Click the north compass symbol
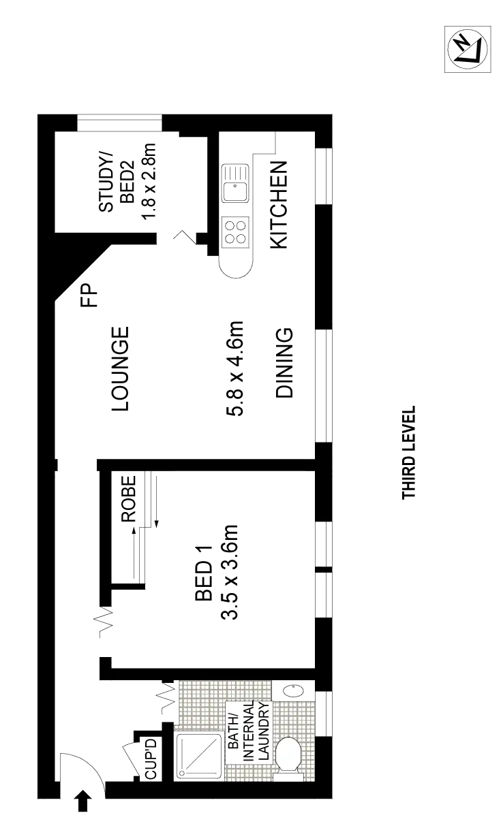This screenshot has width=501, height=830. coord(468,49)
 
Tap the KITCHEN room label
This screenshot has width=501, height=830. coord(278,204)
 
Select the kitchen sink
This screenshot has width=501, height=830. coord(235,183)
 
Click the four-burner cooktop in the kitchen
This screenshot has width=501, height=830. coord(235,232)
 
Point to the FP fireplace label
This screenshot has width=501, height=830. coord(89,295)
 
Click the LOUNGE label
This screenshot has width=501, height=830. coord(120,368)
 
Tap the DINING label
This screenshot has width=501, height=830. coord(284,363)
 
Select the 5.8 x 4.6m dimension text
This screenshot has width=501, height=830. coord(234,368)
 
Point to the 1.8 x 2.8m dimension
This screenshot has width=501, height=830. coord(149,181)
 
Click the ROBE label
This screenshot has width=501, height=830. coord(129,498)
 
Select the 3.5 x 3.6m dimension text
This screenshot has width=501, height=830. coord(229,572)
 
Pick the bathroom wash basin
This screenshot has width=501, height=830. coord(293,690)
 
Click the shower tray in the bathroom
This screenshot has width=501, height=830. coord(199,756)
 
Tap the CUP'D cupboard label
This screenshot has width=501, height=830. coord(151,759)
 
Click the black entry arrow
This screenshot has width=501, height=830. coord(84,801)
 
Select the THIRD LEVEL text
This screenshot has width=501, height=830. coord(408,452)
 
